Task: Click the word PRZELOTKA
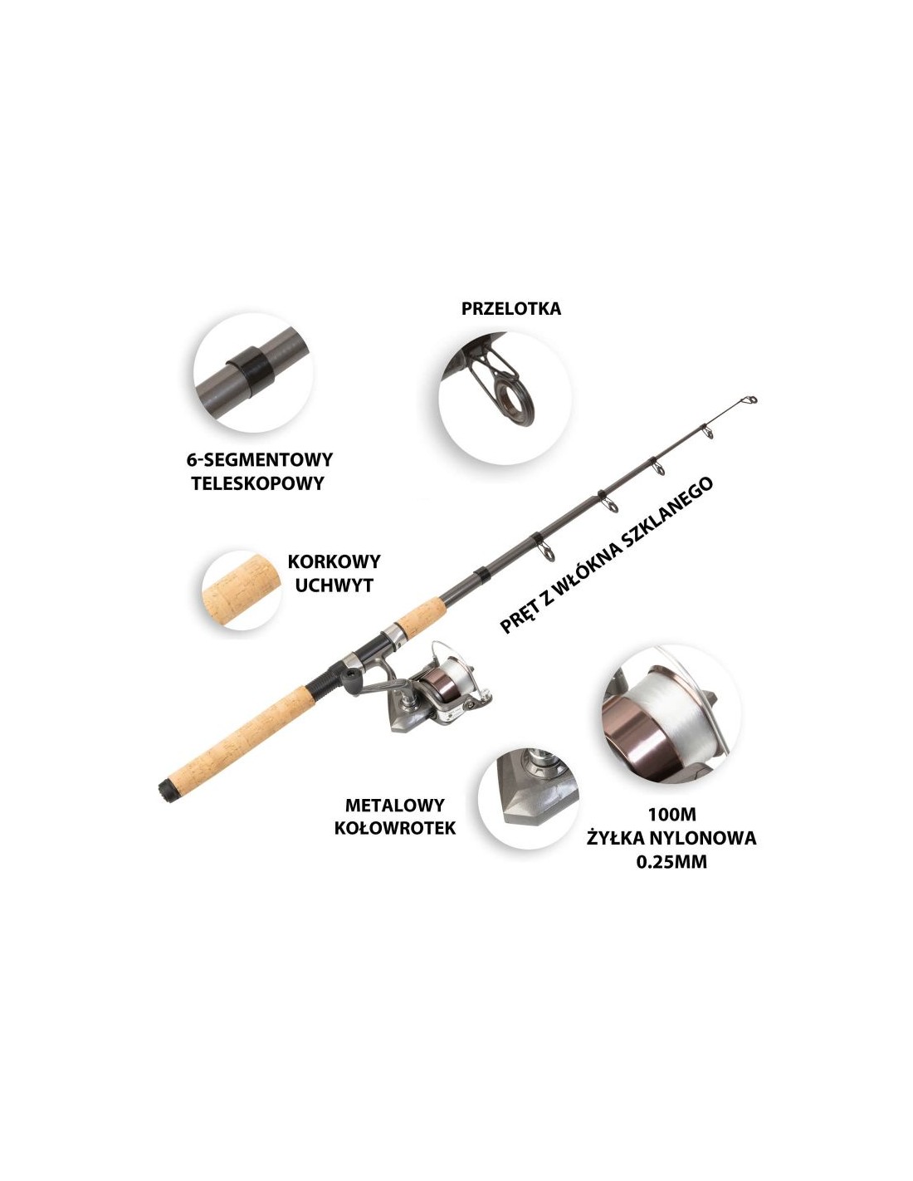coord(510,309)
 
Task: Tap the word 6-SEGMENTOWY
coord(259,460)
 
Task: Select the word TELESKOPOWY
coord(257,483)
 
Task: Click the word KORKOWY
coord(334,561)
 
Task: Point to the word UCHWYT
coord(334,586)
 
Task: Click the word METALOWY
coord(395,805)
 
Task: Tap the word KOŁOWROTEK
coord(395,828)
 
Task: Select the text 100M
coord(671,815)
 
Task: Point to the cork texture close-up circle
coord(242,590)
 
